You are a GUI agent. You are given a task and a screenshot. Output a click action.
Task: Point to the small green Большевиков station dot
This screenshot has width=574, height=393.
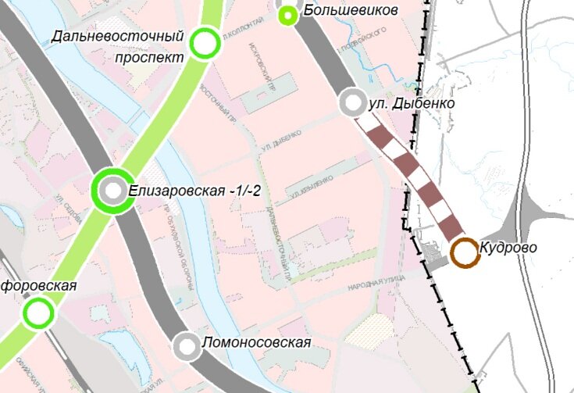click(x=288, y=13)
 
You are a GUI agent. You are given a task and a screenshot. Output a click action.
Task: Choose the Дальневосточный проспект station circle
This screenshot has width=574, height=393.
click(x=205, y=44)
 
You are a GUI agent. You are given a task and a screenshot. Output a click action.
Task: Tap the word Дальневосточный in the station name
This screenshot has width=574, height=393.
click(x=120, y=37)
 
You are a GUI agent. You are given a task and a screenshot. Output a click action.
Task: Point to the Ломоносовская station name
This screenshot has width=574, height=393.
click(x=256, y=343)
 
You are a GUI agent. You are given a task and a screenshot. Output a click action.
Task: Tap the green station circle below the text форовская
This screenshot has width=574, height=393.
click(x=37, y=314)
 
